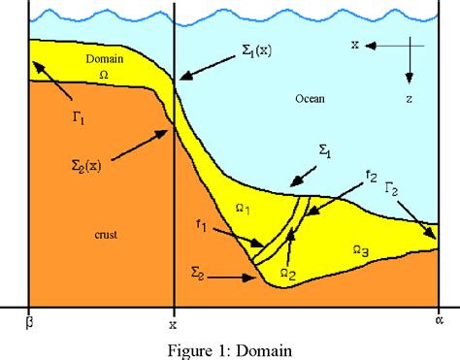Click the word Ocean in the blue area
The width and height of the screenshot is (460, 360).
(310, 99)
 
